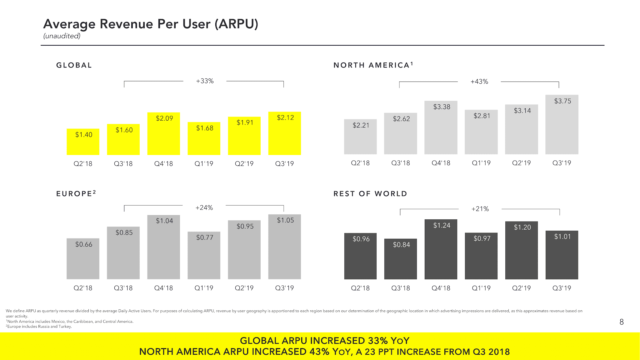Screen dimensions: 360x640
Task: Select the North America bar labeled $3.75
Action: [562, 125]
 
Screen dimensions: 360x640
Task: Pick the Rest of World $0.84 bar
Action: [400, 259]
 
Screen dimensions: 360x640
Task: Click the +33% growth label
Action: [205, 81]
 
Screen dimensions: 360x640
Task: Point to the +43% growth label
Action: [479, 82]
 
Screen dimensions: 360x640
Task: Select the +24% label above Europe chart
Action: [204, 208]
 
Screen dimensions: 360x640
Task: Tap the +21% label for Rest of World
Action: [480, 209]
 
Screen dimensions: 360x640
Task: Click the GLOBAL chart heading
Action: [74, 65]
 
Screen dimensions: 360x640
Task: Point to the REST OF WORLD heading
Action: [370, 194]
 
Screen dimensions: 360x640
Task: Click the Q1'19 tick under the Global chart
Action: [204, 164]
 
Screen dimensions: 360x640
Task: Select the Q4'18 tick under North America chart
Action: [441, 163]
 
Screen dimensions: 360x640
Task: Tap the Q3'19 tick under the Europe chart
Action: [284, 288]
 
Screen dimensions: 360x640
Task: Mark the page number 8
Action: [622, 322]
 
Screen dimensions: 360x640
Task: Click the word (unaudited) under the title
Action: [62, 36]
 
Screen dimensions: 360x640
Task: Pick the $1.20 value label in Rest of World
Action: [522, 227]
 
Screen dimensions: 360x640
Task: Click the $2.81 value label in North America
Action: [482, 116]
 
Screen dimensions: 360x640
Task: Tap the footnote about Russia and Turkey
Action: [39, 327]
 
